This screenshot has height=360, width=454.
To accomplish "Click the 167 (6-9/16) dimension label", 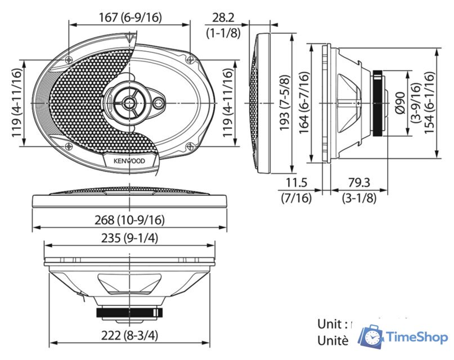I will pos(129,17).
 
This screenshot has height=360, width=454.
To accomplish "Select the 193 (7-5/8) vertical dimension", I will pos(284,103).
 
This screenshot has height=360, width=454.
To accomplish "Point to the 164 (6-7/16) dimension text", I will pos(304,103).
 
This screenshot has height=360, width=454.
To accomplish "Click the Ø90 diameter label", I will pos(400,103).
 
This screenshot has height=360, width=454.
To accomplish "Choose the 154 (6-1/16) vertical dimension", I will pos(429,103).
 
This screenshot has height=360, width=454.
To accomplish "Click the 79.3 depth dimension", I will pos(359,183).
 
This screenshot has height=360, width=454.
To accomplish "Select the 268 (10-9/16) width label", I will pos(129,220).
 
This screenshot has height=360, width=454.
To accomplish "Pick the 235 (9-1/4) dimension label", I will pos(129,238).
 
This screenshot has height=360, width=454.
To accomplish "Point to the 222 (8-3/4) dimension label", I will pos(129,336).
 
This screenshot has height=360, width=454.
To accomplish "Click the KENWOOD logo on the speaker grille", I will pos(129,161).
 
